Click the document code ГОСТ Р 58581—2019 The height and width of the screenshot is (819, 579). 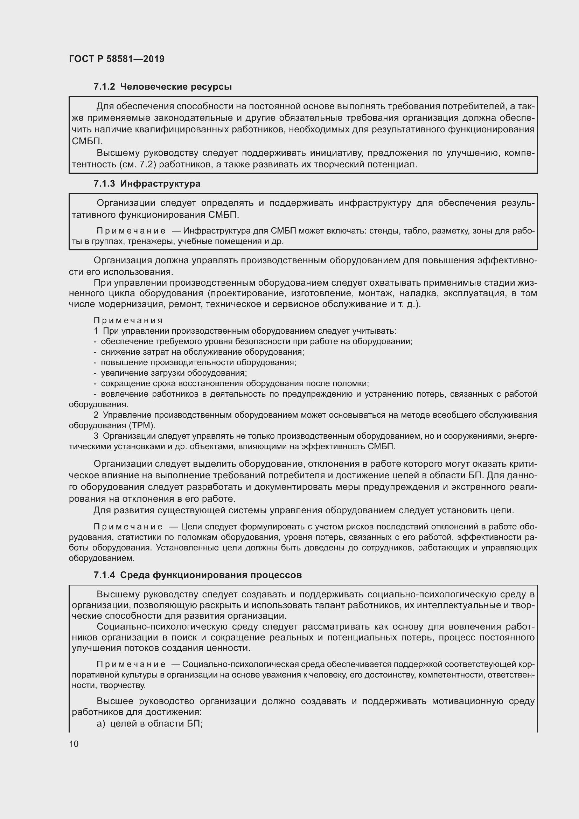click(117, 59)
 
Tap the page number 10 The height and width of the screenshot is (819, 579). click(74, 744)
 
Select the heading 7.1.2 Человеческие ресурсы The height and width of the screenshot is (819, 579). click(162, 87)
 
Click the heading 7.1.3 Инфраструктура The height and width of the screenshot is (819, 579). click(147, 184)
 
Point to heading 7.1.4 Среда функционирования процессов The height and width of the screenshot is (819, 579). click(197, 575)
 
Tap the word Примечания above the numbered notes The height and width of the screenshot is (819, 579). click(128, 320)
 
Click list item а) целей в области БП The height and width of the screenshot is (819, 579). click(149, 723)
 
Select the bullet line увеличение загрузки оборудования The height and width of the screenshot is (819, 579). click(174, 373)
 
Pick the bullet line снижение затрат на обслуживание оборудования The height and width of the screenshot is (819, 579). click(202, 352)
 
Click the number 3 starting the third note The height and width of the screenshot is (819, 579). click(96, 436)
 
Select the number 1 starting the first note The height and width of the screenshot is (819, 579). click(96, 331)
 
